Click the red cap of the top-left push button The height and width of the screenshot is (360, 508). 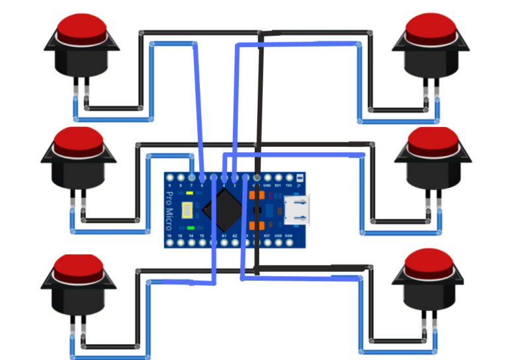point(81,28)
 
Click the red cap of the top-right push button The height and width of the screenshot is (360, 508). point(431,27)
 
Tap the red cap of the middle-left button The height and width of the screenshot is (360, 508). point(79,140)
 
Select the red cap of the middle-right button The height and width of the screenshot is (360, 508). point(433,140)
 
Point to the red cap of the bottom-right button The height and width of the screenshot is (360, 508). point(429,262)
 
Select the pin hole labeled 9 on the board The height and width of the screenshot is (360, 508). point(170,178)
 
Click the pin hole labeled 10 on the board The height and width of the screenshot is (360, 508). point(170,243)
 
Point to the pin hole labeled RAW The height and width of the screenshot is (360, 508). point(289,243)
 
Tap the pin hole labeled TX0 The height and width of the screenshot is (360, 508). point(289,178)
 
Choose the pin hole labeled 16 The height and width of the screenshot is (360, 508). point(181,243)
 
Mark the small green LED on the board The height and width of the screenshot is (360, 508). point(190,228)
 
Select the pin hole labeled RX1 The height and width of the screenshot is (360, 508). point(278,178)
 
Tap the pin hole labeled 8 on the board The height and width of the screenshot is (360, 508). point(181,178)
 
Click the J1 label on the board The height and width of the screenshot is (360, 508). point(300,186)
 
